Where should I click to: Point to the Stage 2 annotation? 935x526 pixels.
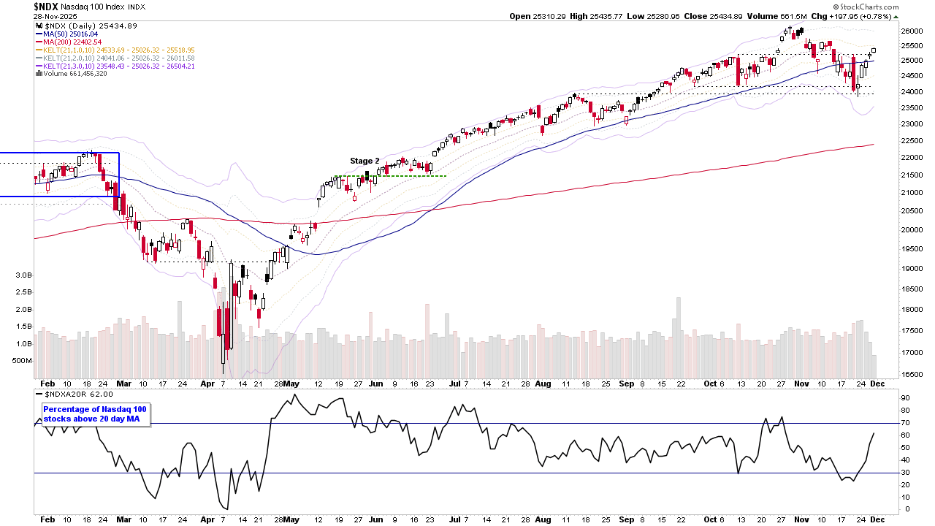365,161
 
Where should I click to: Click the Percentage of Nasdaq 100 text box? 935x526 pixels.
95,414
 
